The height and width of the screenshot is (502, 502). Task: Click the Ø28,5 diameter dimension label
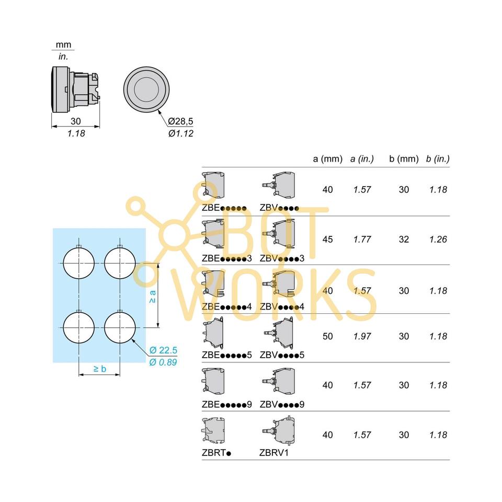tap(180, 121)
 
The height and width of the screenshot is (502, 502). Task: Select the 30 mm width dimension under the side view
tap(75, 121)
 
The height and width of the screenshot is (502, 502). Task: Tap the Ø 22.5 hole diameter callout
tap(163, 350)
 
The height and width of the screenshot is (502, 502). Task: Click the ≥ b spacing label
tap(100, 369)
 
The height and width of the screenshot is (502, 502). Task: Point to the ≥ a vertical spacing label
tap(153, 296)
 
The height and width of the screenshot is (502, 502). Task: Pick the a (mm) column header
tap(327, 159)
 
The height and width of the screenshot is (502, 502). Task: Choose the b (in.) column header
tap(438, 159)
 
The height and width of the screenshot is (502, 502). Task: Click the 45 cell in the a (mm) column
tap(327, 239)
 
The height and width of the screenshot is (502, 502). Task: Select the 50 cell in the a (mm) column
tap(327, 336)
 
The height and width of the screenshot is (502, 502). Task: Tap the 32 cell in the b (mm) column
tap(404, 239)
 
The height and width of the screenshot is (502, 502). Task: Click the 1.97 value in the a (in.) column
tap(362, 336)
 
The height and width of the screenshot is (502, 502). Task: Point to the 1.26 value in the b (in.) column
tap(438, 239)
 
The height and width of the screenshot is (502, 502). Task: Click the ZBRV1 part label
tap(274, 453)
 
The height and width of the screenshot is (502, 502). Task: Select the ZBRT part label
tap(216, 453)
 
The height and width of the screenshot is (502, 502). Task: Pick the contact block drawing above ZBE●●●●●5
tap(213, 333)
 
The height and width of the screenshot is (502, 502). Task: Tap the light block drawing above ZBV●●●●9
tap(279, 382)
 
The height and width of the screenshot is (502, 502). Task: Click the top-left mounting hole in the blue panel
tap(79, 263)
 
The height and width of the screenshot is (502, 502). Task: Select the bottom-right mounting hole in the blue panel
tap(120, 327)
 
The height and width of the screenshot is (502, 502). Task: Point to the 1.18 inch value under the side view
tap(76, 133)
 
